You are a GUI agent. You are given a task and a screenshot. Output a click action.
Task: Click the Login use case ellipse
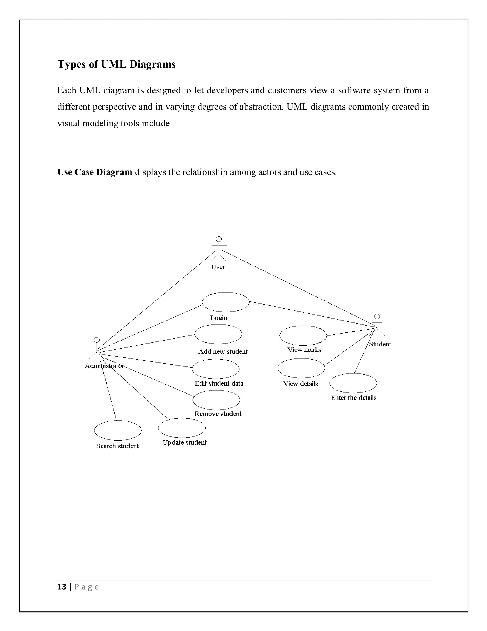click(226, 302)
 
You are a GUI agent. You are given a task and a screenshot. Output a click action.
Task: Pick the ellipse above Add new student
click(218, 334)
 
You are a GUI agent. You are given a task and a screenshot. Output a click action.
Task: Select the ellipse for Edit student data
click(215, 369)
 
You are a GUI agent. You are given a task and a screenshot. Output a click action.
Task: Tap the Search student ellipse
click(118, 431)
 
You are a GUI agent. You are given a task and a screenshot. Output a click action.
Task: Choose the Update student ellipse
click(182, 428)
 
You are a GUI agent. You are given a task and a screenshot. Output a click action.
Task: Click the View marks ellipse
click(303, 336)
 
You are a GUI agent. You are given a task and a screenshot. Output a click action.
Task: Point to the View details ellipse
click(301, 368)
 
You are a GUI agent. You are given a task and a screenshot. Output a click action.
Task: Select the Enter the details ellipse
click(353, 383)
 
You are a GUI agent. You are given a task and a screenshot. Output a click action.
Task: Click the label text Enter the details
click(353, 398)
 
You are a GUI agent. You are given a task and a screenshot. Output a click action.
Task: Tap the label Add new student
click(223, 352)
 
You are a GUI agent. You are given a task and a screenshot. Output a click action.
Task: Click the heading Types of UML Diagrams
click(116, 64)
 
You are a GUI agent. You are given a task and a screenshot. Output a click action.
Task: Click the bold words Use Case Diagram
click(95, 172)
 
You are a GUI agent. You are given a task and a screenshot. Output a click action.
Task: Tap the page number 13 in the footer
click(62, 587)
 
